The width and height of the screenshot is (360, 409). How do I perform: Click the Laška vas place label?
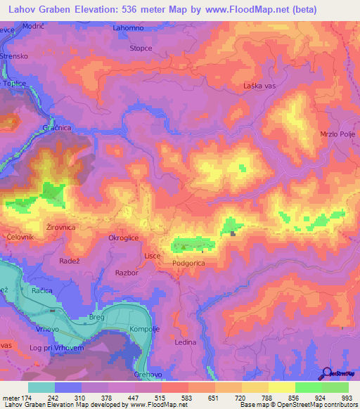(x=258, y=86)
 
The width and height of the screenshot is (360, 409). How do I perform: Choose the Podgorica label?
(x=189, y=263)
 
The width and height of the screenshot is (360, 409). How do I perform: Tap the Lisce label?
(x=153, y=256)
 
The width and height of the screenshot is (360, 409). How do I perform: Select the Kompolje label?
(x=146, y=330)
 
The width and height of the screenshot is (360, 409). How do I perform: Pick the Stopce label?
(x=141, y=48)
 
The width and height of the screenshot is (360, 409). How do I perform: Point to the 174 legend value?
(x=28, y=398)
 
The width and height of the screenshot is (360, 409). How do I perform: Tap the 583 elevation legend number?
(x=187, y=398)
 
